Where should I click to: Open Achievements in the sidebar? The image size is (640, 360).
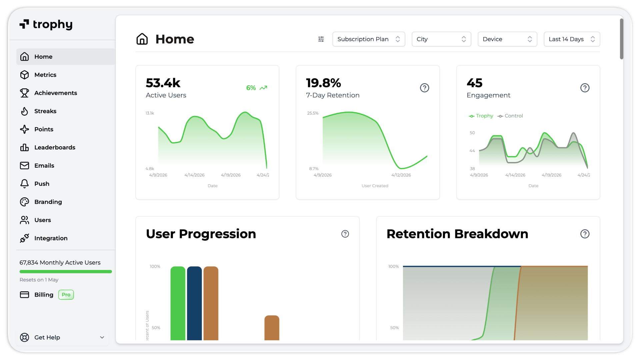coord(55,93)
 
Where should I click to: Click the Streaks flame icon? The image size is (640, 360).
coord(24,111)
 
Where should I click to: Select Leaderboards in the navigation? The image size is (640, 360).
coord(55,147)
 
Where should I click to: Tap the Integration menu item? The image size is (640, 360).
coord(51,238)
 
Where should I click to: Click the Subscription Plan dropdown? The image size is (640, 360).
coord(368,39)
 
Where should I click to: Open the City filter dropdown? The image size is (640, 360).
coord(441,39)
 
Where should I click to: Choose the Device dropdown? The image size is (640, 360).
coord(507,39)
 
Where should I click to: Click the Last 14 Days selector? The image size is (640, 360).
coord(571,39)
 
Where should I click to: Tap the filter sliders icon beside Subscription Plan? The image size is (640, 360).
coord(321,39)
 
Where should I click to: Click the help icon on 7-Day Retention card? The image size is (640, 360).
coord(424,88)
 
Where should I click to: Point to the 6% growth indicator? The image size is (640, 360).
coord(256,88)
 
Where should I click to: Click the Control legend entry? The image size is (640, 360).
coord(510,116)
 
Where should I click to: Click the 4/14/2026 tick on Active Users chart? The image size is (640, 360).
coord(194,175)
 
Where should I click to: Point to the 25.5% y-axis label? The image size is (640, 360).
coord(313,113)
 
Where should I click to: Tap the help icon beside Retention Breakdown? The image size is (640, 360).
coord(585,234)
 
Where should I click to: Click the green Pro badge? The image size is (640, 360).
coord(66,295)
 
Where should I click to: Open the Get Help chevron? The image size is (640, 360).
coord(102,337)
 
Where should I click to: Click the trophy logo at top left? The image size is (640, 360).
coord(46,24)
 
